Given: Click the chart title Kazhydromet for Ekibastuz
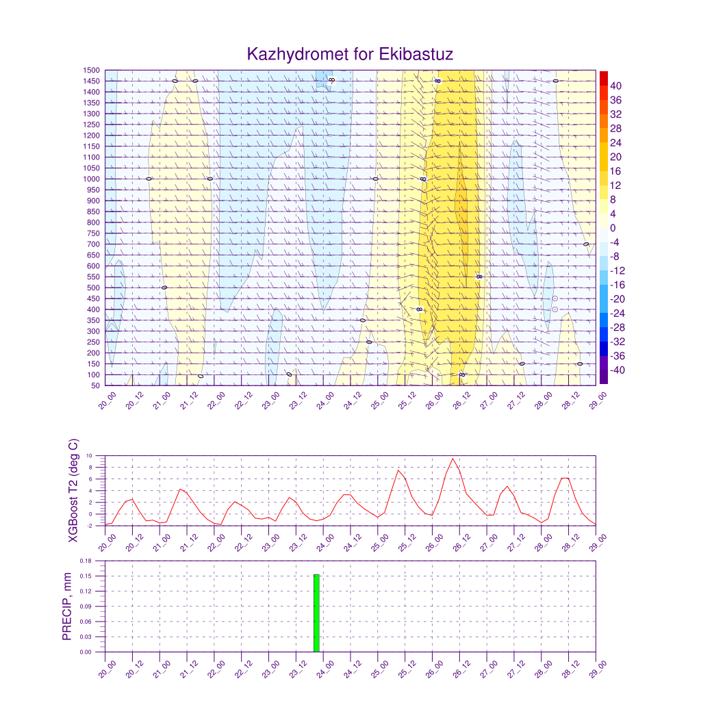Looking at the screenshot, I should tap(350, 54).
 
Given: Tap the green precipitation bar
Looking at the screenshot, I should tap(316, 613).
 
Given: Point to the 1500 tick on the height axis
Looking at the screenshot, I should tap(92, 70).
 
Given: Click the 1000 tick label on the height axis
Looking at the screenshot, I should tap(92, 179).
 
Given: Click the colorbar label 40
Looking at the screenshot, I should tap(616, 86).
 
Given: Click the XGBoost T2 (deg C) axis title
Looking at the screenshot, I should tap(73, 491).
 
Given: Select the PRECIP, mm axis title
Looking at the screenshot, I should tap(67, 607).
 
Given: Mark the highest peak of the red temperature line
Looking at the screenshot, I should tap(453, 459).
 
